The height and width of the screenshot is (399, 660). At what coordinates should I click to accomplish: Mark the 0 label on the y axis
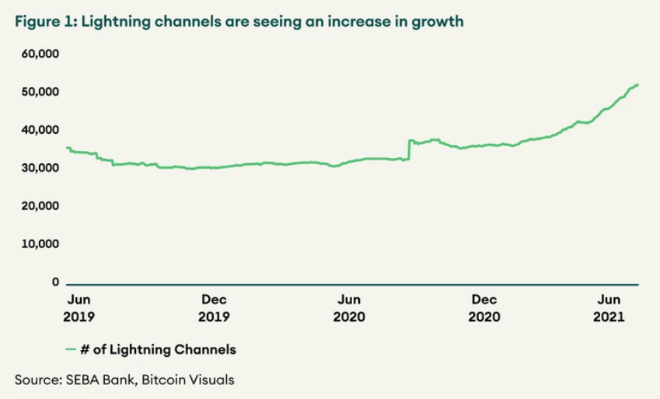tap(55, 282)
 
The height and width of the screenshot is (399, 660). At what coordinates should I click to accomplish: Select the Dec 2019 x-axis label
tap(214, 307)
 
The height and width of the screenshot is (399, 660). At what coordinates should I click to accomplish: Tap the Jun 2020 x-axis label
tap(350, 307)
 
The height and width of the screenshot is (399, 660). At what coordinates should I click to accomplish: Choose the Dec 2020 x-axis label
tap(485, 307)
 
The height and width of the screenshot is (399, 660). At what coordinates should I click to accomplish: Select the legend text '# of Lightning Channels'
tap(158, 350)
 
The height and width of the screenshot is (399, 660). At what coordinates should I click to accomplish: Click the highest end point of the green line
tap(638, 85)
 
